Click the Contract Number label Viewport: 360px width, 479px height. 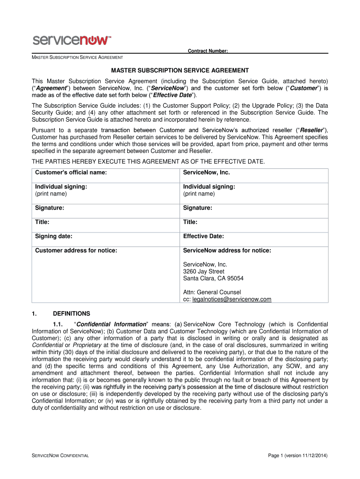[x=208, y=51]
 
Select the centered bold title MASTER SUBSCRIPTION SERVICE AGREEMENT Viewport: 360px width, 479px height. [x=180, y=70]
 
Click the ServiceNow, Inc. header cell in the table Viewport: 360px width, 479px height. [x=206, y=173]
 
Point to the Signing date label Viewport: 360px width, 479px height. [x=54, y=236]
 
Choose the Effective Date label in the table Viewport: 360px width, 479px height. [x=203, y=236]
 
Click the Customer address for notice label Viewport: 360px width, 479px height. [x=76, y=251]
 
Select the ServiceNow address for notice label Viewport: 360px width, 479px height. [x=227, y=251]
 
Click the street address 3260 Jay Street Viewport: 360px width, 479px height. [x=203, y=271]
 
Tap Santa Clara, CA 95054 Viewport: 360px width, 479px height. [x=213, y=278]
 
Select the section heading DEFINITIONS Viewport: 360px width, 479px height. [x=72, y=313]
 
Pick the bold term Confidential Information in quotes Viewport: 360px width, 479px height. [x=112, y=324]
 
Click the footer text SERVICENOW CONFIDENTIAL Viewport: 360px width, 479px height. [x=60, y=456]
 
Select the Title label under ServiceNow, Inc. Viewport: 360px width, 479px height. [x=190, y=222]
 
